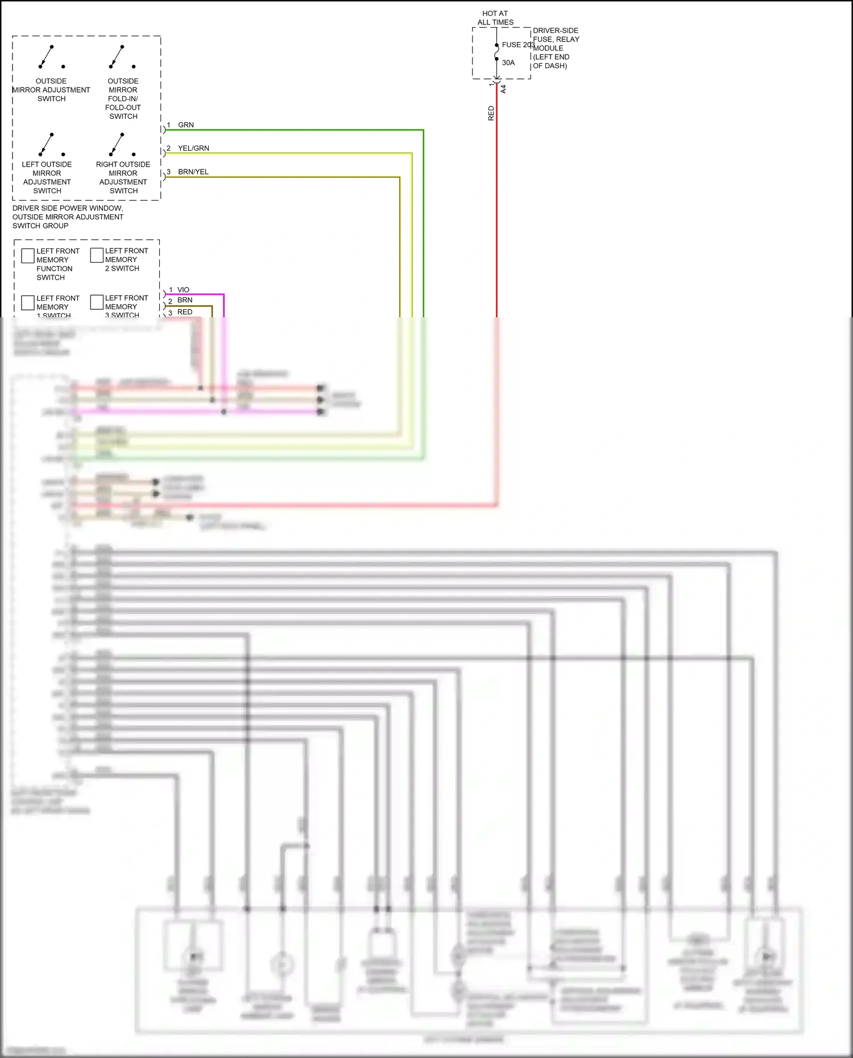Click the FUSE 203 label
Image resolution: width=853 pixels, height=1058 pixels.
tap(517, 45)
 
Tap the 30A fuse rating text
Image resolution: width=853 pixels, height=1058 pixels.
tap(508, 63)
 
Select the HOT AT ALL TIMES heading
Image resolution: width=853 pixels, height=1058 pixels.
tap(495, 18)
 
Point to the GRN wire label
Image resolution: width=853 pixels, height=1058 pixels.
tap(186, 125)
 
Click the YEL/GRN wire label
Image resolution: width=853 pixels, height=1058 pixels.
tap(193, 148)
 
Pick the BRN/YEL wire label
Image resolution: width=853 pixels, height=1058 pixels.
tap(193, 172)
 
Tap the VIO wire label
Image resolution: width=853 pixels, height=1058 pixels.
tap(183, 290)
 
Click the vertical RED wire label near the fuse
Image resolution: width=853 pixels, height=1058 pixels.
tap(491, 113)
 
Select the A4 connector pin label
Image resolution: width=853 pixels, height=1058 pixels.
tap(503, 89)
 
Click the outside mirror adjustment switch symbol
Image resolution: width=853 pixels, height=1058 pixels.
tap(51, 57)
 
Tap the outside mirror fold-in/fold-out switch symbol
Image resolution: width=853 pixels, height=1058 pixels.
tap(122, 57)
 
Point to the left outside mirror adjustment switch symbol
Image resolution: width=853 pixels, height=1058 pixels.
tap(51, 144)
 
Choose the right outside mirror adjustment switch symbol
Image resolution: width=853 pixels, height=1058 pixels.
tap(122, 144)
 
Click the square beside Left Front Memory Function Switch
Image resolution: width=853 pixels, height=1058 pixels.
tap(28, 256)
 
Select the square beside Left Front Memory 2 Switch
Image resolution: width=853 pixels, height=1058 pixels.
tap(97, 255)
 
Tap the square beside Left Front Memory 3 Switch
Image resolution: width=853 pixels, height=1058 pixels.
tap(97, 302)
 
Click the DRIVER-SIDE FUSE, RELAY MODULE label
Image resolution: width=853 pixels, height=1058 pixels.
tap(556, 48)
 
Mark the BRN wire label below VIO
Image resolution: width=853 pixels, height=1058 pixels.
tap(185, 300)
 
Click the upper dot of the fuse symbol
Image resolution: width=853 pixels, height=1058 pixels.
tap(496, 45)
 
